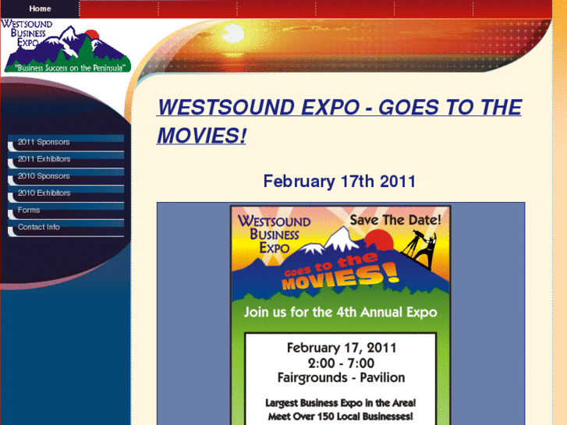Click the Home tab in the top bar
point(40,9)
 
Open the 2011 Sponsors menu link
point(44,142)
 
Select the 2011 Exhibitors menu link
point(44,159)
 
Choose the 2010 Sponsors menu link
point(44,176)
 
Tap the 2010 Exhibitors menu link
point(44,193)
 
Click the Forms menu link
point(29,211)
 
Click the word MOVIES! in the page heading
point(201,136)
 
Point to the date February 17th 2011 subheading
point(339,182)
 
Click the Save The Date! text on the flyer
point(395,221)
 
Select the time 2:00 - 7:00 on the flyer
point(341,363)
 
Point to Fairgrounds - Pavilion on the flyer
point(341,377)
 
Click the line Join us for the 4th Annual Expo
point(340,312)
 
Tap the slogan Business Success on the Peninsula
point(66,68)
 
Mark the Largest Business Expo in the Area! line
point(340,403)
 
